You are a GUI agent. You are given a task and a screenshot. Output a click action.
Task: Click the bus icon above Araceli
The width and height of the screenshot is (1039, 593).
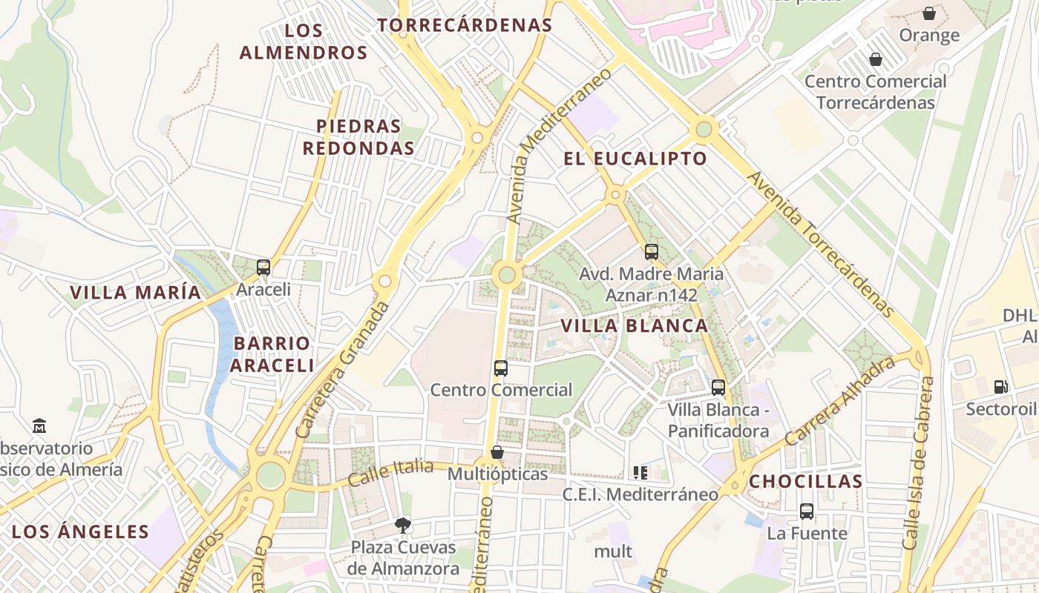263,268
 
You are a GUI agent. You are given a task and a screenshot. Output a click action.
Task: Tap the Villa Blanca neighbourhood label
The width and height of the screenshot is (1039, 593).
635,325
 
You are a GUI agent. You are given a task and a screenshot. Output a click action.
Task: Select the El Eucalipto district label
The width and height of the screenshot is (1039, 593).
635,159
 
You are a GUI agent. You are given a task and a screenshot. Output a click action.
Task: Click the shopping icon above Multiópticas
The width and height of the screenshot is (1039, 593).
497,452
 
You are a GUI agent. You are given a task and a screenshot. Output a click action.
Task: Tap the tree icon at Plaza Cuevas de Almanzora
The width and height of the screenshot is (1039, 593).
403,526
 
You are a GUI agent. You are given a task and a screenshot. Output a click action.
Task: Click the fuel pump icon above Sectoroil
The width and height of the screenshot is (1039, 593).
1000,386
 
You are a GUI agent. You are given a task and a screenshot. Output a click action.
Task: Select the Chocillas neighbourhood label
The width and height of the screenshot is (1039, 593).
805,481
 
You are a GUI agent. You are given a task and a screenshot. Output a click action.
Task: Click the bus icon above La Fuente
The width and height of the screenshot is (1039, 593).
807,511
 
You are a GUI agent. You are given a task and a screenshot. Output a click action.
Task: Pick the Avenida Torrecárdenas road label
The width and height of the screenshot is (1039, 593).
819,245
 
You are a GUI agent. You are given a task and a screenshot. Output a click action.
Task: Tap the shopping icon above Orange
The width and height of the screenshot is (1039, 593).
928,13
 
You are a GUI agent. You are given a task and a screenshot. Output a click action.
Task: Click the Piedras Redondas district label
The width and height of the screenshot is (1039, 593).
358,137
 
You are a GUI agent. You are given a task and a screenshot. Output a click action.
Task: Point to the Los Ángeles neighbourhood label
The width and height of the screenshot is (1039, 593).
80,531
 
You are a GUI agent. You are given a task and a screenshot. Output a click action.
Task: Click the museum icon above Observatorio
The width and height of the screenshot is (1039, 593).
39,426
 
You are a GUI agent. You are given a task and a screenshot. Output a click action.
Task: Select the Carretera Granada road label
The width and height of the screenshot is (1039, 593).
342,369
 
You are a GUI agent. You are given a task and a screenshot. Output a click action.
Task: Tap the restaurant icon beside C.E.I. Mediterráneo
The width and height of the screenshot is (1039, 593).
640,472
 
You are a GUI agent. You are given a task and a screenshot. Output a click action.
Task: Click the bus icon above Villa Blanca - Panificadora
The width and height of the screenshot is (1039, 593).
718,387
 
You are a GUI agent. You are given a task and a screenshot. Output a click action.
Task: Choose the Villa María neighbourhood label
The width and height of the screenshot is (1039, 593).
135,292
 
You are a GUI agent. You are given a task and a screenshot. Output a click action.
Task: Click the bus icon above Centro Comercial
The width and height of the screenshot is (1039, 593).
501,368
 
